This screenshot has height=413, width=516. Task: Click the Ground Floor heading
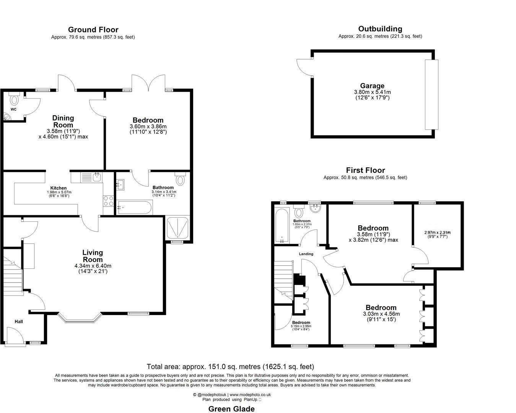tap(93, 30)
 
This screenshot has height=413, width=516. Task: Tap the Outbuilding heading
tap(380, 29)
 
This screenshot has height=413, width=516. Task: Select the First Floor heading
tap(365, 171)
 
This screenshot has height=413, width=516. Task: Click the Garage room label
tap(372, 86)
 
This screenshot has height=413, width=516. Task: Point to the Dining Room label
tap(63, 121)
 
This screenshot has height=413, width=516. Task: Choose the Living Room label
tap(93, 256)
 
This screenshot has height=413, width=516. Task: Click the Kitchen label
tap(59, 188)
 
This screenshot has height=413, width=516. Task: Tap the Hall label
tap(19, 322)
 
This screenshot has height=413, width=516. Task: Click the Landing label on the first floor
tap(306, 254)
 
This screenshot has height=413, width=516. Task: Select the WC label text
tap(13, 109)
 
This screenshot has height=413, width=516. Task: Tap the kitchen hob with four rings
tap(108, 201)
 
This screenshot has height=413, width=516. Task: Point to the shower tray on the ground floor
tap(177, 228)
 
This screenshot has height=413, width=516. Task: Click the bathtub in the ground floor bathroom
tap(135, 208)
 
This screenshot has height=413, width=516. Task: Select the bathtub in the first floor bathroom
tap(282, 225)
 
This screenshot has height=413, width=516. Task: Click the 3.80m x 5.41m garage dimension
tap(372, 92)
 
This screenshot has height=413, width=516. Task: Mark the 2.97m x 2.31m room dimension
tap(437, 233)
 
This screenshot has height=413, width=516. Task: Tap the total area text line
tap(230, 367)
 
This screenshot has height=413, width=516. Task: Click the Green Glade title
tap(231, 409)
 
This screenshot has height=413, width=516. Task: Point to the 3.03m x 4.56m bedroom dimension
tap(381, 314)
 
